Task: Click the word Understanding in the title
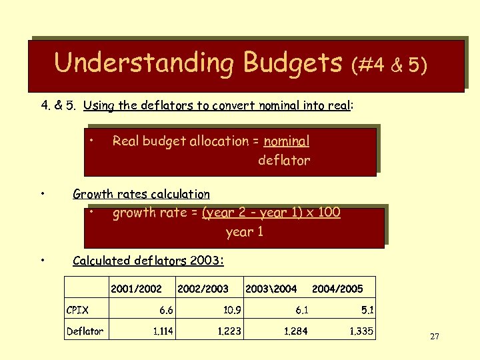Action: pos(143,63)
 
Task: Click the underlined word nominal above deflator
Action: pos(287,141)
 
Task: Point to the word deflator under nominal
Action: pos(284,161)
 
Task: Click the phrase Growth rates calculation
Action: pos(141,195)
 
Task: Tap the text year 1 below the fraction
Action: pos(245,232)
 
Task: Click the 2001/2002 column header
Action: pos(136,289)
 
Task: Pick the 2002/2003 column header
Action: pos(203,289)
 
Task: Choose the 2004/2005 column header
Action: pos(337,289)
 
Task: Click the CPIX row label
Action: pos(77,309)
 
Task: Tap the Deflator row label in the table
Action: pos(85,331)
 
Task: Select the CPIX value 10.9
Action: pos(232,309)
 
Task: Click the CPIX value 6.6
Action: pos(166,309)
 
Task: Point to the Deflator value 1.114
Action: pos(163,331)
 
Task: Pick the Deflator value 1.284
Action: pos(296,331)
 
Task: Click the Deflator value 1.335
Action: pos(362,331)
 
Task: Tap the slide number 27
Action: pos(434,337)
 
